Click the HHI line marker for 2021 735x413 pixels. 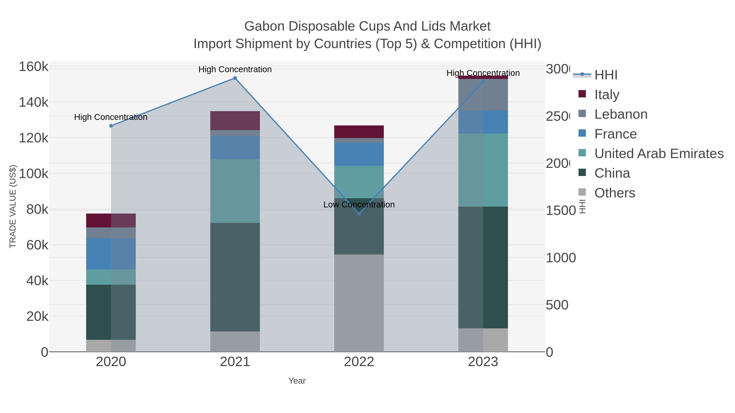point(235,78)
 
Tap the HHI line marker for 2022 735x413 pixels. point(359,214)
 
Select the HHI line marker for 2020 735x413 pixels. point(111,126)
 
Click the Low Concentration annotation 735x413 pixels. point(359,205)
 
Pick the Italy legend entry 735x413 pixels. point(607,95)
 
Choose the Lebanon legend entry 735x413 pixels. point(621,114)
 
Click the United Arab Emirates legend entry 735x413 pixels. point(658,154)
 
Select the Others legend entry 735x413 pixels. point(615,193)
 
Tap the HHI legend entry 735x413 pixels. point(606,75)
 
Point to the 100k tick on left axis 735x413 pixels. point(34,174)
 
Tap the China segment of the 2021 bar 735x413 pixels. point(235,277)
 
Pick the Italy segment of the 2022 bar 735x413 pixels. point(359,132)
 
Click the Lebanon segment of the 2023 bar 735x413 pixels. point(483,95)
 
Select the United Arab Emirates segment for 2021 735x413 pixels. point(235,191)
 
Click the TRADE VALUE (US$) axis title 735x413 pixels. point(13,206)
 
